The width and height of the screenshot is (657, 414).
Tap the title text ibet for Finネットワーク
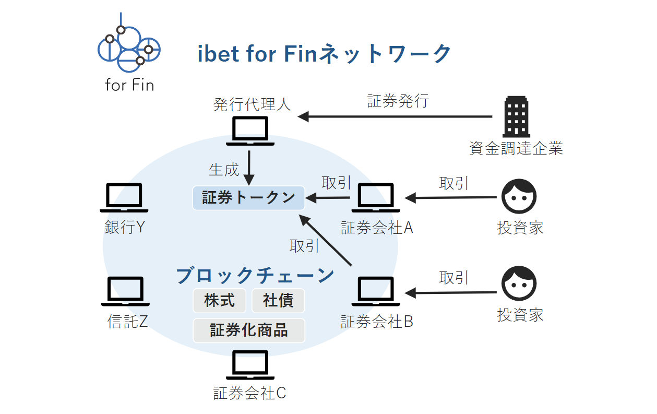point(324,54)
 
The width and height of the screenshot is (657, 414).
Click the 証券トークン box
point(248,198)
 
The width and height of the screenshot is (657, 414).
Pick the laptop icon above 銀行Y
point(124,197)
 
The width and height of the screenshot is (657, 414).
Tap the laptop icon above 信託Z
point(125,291)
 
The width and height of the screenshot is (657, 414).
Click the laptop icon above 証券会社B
point(376,291)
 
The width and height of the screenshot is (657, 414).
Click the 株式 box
point(219,301)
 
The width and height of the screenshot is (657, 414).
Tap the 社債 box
point(278,301)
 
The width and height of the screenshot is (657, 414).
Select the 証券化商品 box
point(248,330)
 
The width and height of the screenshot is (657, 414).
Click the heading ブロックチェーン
point(255,275)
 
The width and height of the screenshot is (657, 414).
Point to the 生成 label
point(224,170)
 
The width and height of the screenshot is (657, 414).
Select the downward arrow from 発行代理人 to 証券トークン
point(249,167)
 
